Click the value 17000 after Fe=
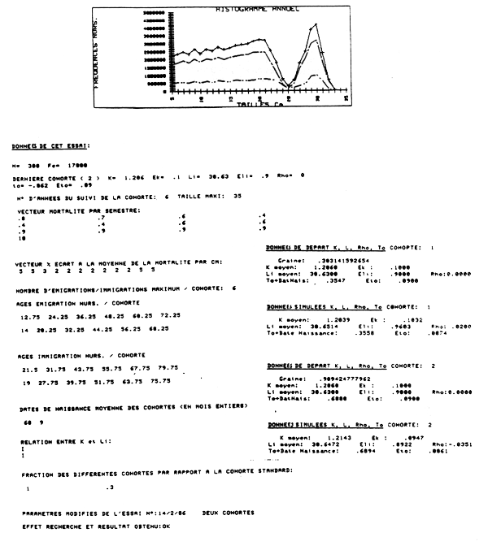click(54, 165)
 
